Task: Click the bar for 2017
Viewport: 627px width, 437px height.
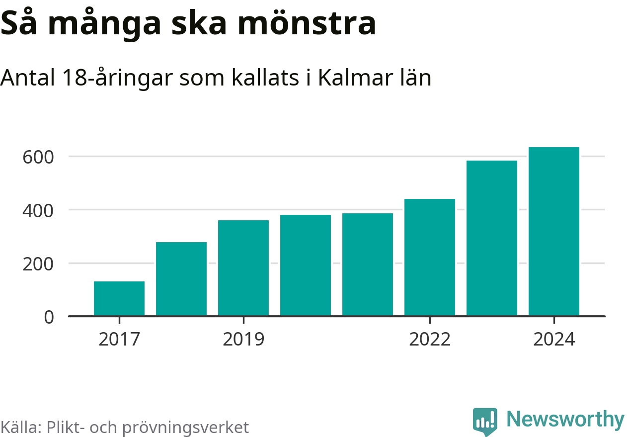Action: [x=119, y=298]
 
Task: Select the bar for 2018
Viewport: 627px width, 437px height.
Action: [x=181, y=279]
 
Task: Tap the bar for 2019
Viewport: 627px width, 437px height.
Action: [x=243, y=268]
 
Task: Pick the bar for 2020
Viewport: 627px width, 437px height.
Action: [x=306, y=265]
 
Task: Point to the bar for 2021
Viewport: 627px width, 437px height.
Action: [x=368, y=264]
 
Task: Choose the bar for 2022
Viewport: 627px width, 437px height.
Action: [x=430, y=258]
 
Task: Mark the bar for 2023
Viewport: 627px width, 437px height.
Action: [x=492, y=238]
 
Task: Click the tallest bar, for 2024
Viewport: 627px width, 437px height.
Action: [x=554, y=232]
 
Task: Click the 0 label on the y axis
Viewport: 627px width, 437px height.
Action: [x=49, y=317]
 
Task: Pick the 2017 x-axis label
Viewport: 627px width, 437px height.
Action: [x=119, y=340]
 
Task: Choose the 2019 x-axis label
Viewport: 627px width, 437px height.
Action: [x=243, y=340]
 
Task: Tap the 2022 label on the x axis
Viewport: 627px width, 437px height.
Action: [x=430, y=340]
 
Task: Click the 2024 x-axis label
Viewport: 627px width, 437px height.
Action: [x=554, y=340]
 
